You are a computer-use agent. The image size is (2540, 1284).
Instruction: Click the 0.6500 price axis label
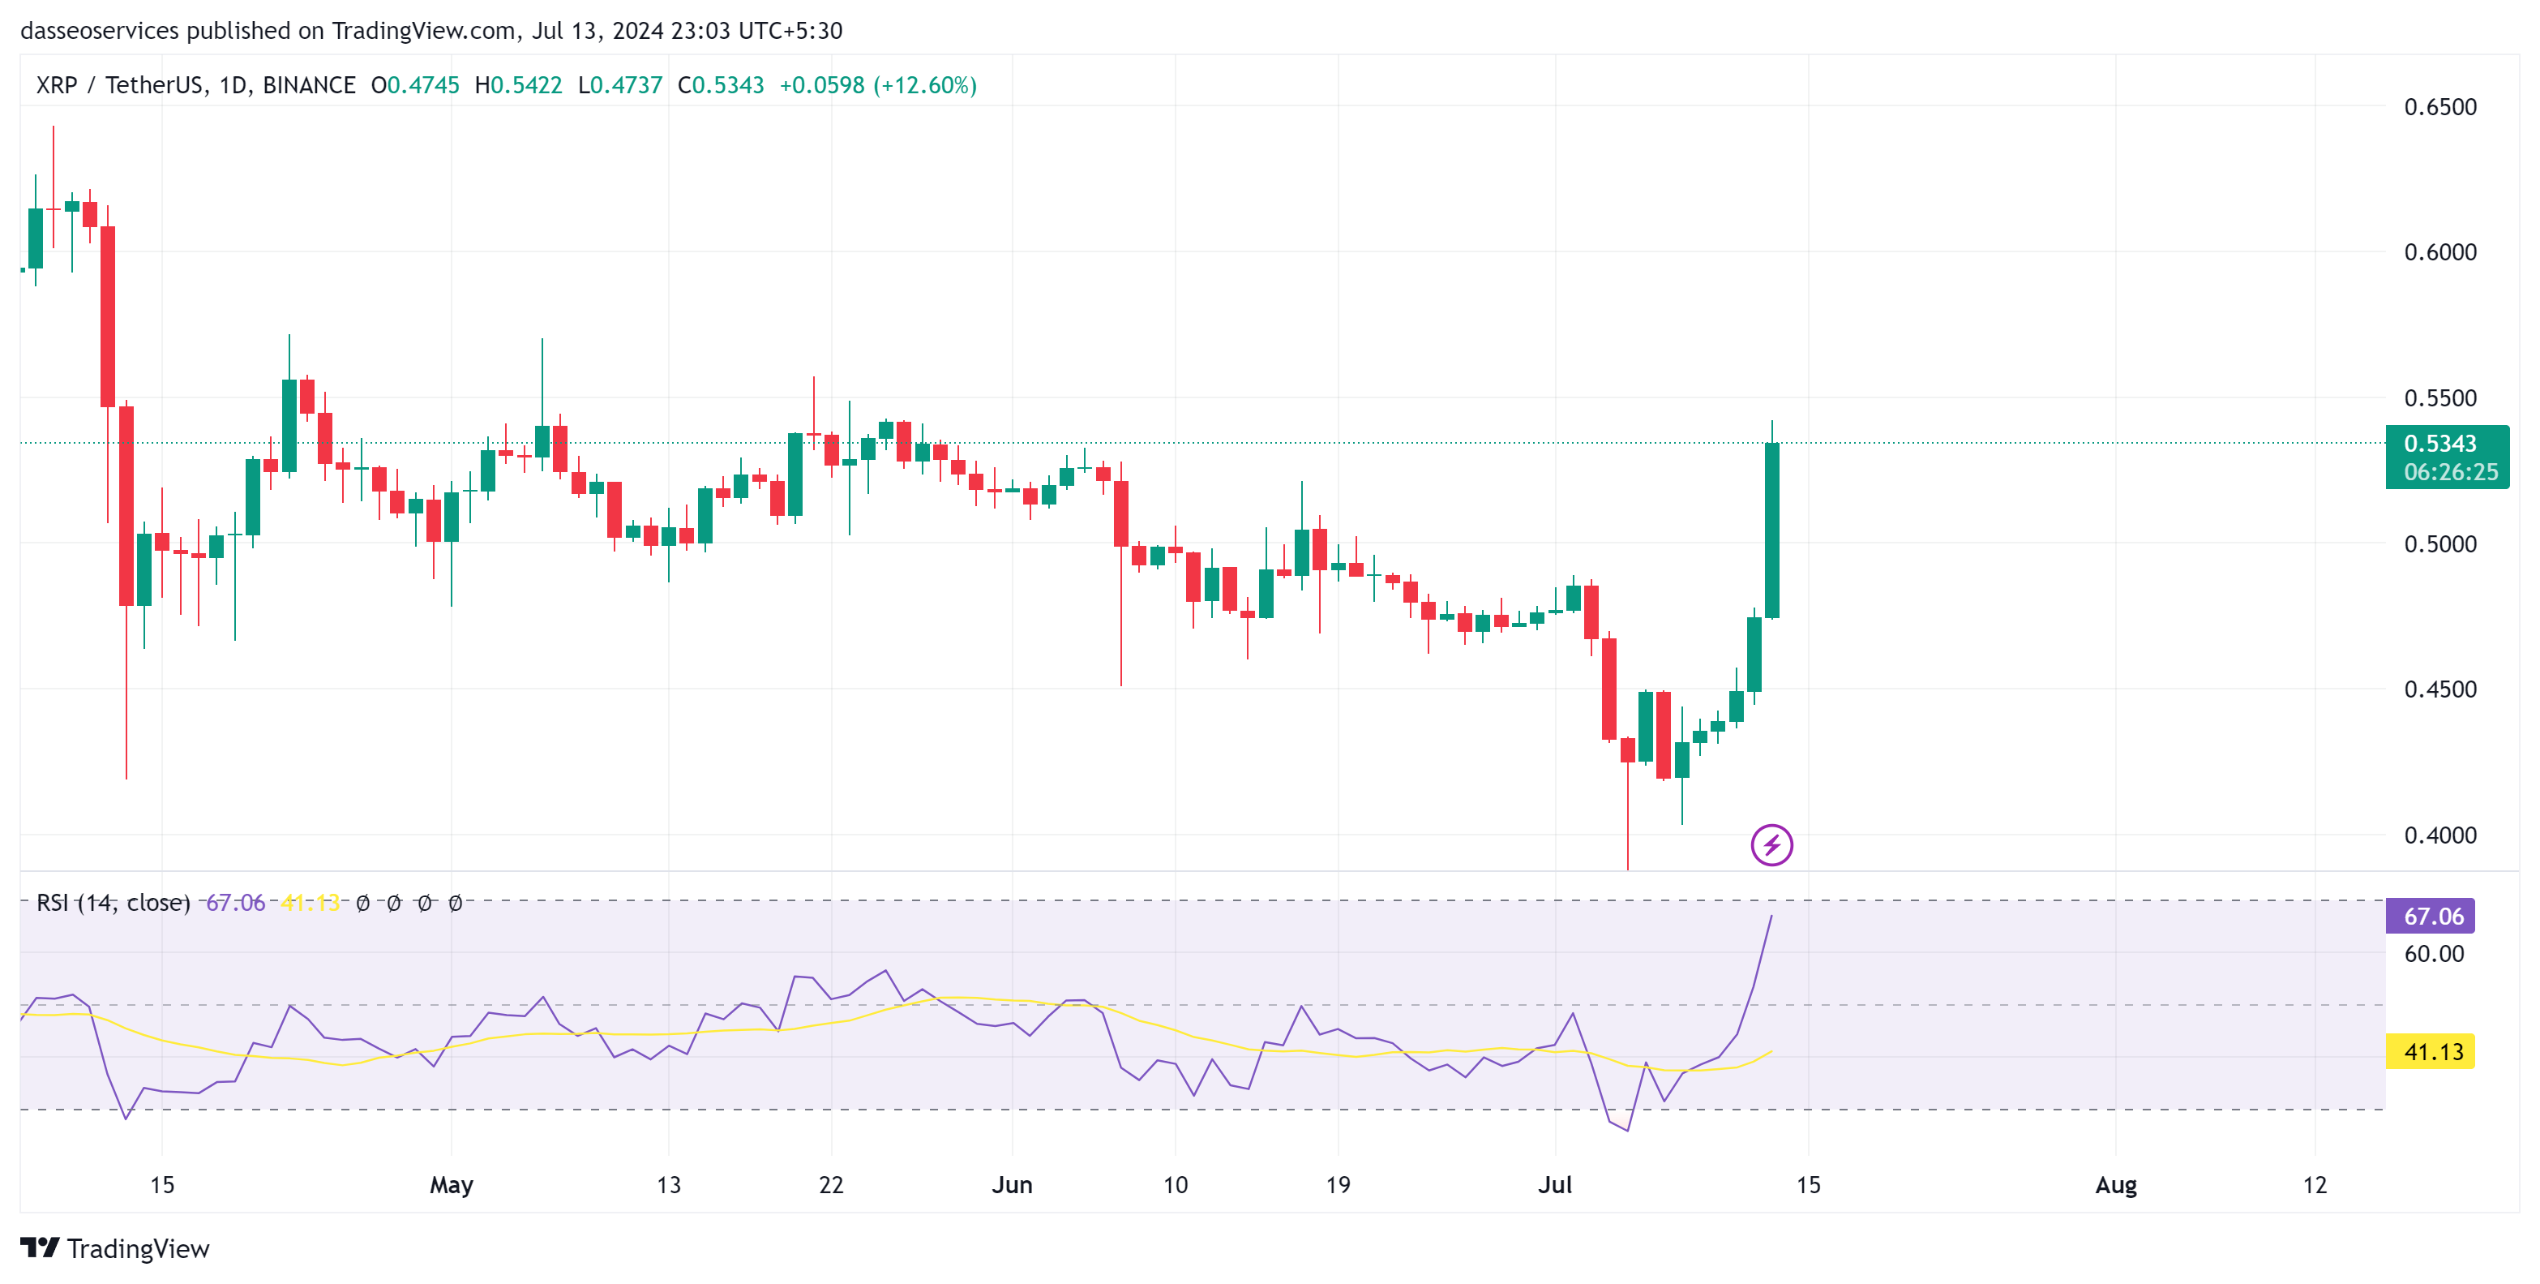2439,106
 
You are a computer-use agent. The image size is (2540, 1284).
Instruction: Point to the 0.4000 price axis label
2439,835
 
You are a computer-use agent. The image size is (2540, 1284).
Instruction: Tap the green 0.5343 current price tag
2445,457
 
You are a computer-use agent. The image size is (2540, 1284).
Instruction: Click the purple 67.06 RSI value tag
2431,916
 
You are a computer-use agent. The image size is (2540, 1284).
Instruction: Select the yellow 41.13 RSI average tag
2431,1051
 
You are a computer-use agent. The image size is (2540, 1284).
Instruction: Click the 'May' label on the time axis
451,1184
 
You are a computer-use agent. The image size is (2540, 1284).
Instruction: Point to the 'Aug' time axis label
2115,1184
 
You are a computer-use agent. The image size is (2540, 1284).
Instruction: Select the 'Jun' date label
1012,1184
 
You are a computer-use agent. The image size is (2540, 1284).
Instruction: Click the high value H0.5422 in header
518,86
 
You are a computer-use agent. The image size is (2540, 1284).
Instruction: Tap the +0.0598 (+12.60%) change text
877,86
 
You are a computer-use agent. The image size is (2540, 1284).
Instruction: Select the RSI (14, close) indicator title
113,902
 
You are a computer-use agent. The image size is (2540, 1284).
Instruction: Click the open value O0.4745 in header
415,86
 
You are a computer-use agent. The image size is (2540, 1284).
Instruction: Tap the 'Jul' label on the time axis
1555,1184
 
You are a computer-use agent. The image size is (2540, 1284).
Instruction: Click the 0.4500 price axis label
2439,689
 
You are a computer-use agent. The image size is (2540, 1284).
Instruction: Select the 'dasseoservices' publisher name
100,31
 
